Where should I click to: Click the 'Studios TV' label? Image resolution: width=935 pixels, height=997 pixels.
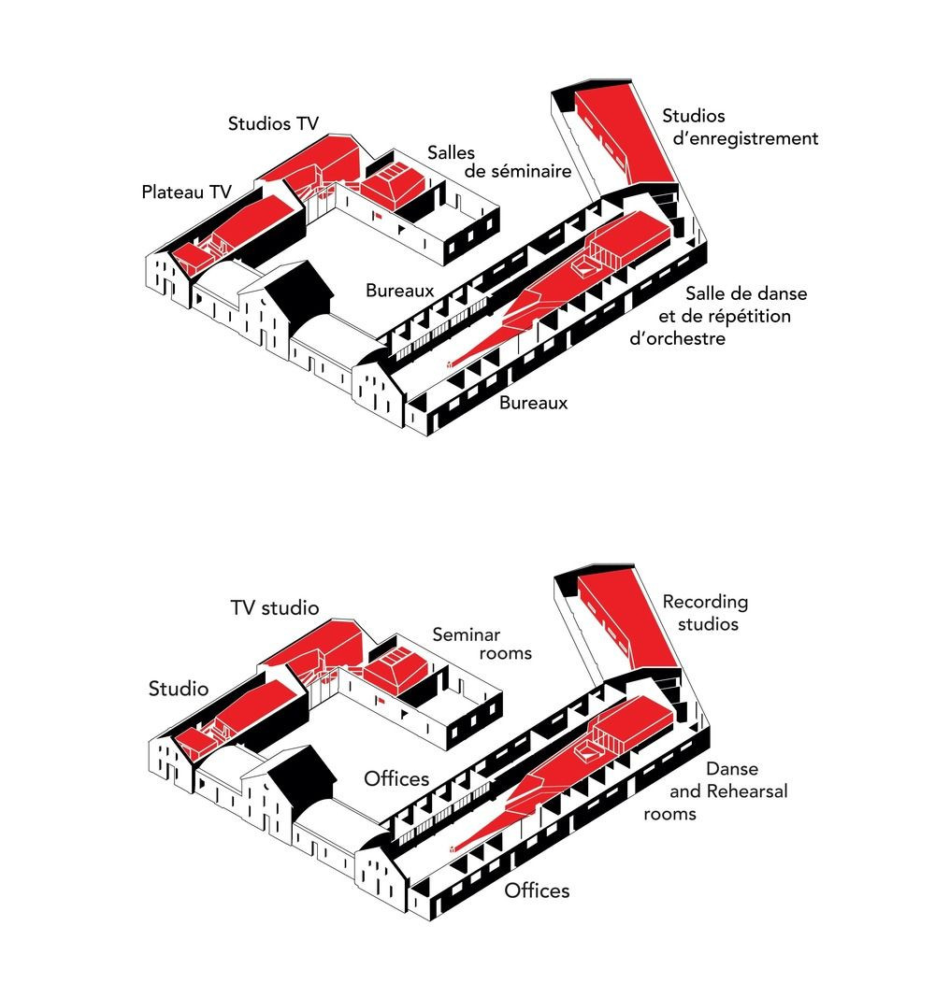pyautogui.click(x=274, y=123)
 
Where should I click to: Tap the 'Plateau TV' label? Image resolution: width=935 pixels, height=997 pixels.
pyautogui.click(x=186, y=192)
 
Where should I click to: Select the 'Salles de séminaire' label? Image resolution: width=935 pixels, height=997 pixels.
pyautogui.click(x=499, y=163)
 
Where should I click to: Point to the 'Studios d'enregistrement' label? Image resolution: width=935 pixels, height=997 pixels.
pyautogui.click(x=741, y=127)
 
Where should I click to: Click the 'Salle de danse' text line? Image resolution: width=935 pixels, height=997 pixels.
pyautogui.click(x=746, y=293)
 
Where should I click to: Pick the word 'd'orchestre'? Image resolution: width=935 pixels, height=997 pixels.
pyautogui.click(x=677, y=338)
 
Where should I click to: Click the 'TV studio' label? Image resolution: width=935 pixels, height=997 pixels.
pyautogui.click(x=275, y=608)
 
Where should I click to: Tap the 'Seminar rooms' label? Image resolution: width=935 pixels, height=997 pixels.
pyautogui.click(x=482, y=644)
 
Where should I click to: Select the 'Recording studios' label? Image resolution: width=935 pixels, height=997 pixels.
pyautogui.click(x=705, y=613)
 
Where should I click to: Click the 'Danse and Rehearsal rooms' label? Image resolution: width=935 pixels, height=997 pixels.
pyautogui.click(x=715, y=791)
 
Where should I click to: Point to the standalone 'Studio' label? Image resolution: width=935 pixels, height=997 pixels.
pyautogui.click(x=178, y=689)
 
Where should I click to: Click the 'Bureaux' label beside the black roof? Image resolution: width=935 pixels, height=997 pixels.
pyautogui.click(x=399, y=291)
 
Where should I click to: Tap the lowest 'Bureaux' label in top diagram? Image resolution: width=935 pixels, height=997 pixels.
pyautogui.click(x=533, y=403)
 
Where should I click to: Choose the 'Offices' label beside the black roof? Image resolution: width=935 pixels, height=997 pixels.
pyautogui.click(x=396, y=779)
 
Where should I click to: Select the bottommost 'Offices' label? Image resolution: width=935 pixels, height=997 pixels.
pyautogui.click(x=537, y=890)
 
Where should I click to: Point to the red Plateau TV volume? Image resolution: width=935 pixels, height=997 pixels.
pyautogui.click(x=238, y=232)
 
